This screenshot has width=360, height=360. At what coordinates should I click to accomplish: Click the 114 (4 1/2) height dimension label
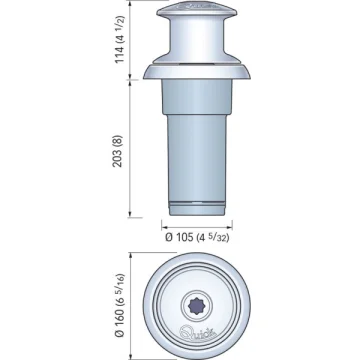coord(120,39)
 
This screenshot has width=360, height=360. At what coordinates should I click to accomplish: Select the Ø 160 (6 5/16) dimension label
coord(120,305)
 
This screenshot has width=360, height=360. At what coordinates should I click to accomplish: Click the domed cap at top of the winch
coord(197,10)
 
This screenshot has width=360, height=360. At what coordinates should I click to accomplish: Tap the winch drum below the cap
coord(197,37)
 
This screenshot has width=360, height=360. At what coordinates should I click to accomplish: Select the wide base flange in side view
coord(197,71)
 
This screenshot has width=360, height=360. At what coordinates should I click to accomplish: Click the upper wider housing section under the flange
coord(197,97)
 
